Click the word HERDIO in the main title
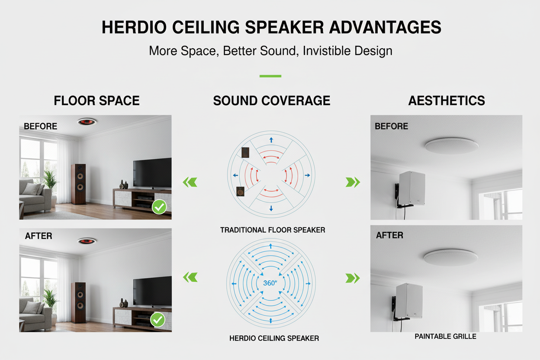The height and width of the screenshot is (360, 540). pyautogui.click(x=134, y=27)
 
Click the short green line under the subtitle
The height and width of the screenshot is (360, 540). pyautogui.click(x=270, y=76)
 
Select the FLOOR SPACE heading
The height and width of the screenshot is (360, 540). pyautogui.click(x=96, y=100)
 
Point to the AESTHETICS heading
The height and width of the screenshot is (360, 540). pyautogui.click(x=447, y=100)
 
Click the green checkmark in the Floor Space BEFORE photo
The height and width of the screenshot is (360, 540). pyautogui.click(x=159, y=207)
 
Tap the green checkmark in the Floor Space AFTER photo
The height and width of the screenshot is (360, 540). pyautogui.click(x=157, y=320)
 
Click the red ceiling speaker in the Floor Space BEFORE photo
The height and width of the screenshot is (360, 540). pyautogui.click(x=87, y=122)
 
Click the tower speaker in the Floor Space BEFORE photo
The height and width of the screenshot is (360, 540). pyautogui.click(x=78, y=184)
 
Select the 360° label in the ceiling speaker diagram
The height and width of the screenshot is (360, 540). pyautogui.click(x=270, y=283)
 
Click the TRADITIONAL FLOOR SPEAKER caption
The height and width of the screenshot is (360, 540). pyautogui.click(x=273, y=230)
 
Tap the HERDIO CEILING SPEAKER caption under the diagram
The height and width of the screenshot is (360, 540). pyautogui.click(x=274, y=338)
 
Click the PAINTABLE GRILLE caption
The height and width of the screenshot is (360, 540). pyautogui.click(x=446, y=336)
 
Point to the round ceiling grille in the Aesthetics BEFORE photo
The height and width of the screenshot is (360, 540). pyautogui.click(x=452, y=146)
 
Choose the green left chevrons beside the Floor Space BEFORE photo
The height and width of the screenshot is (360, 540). pyautogui.click(x=190, y=182)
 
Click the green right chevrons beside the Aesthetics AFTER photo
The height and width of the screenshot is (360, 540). pyautogui.click(x=353, y=278)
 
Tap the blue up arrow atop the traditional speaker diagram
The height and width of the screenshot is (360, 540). pyautogui.click(x=271, y=140)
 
